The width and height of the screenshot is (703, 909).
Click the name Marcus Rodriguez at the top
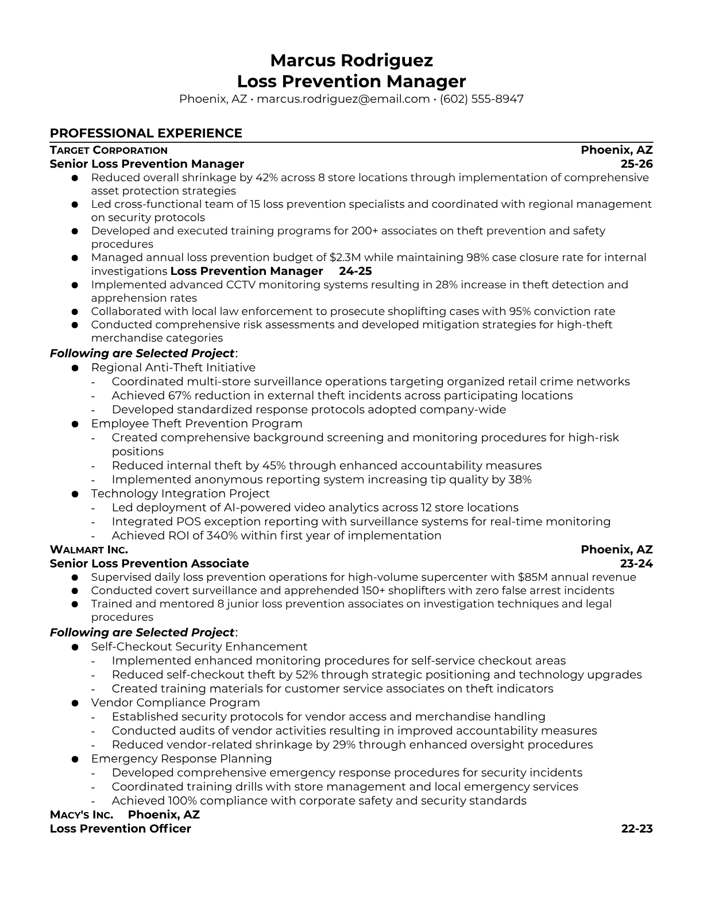coord(351,60)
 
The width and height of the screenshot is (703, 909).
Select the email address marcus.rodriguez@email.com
coord(343,99)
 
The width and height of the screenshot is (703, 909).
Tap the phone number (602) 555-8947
coord(482,99)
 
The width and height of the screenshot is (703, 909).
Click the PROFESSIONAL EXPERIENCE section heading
coord(146,133)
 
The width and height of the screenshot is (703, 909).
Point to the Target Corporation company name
coord(109,150)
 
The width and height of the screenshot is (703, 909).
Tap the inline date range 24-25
coord(356,271)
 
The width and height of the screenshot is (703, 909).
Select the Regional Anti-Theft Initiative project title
coord(173,367)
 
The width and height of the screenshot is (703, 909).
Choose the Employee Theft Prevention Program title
coord(196,424)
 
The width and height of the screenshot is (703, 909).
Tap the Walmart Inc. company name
coord(89,550)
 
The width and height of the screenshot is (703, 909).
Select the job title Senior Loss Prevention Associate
coord(149,564)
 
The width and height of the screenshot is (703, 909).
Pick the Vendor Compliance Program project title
coord(175,702)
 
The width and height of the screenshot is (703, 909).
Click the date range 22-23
coord(637,829)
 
